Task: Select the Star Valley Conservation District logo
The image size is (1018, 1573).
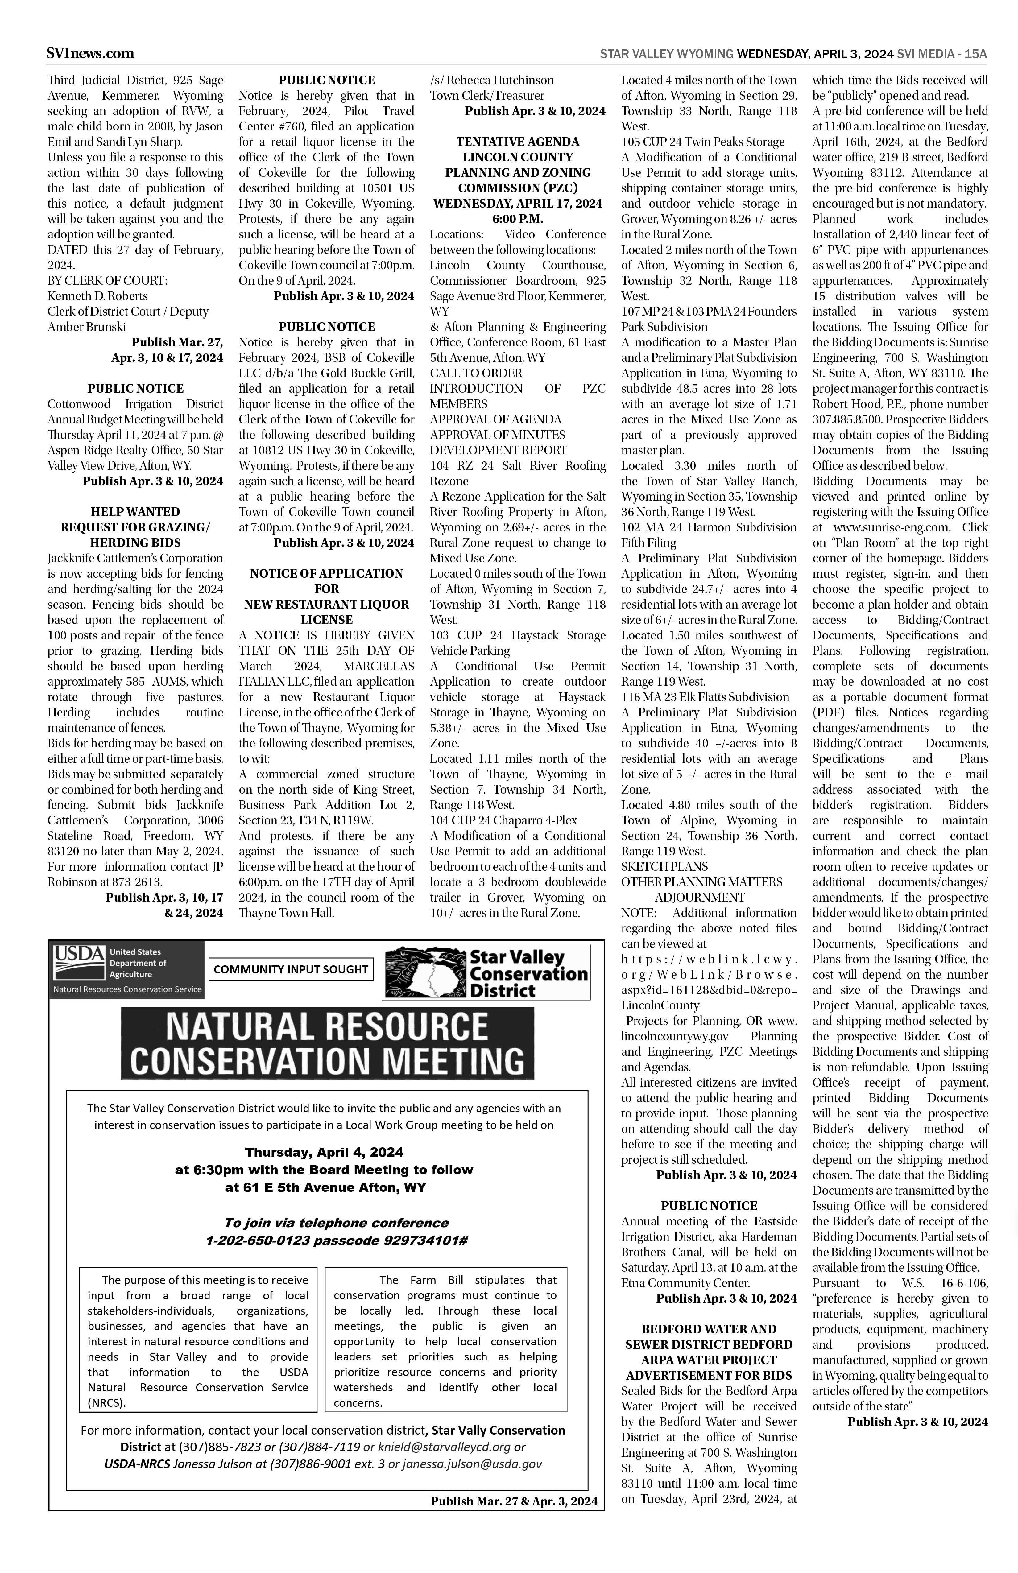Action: coord(486,973)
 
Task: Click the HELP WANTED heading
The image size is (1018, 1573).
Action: coord(135,512)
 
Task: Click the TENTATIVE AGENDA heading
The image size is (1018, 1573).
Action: coord(518,142)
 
